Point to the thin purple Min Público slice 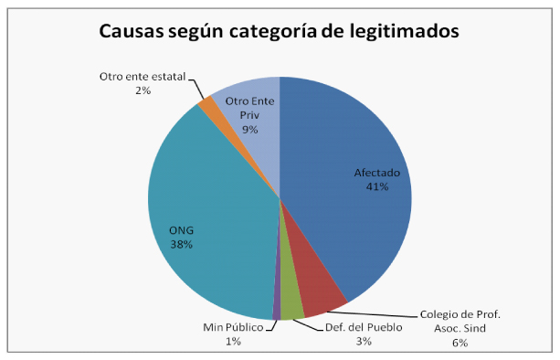(277, 307)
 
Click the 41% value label (377, 186)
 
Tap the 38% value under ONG (182, 245)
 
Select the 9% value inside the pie (250, 129)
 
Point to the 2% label (143, 90)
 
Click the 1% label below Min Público (233, 342)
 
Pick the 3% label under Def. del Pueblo (364, 342)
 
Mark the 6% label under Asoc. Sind (460, 343)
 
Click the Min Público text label (233, 327)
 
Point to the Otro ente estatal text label (143, 77)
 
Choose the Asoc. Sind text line (460, 328)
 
